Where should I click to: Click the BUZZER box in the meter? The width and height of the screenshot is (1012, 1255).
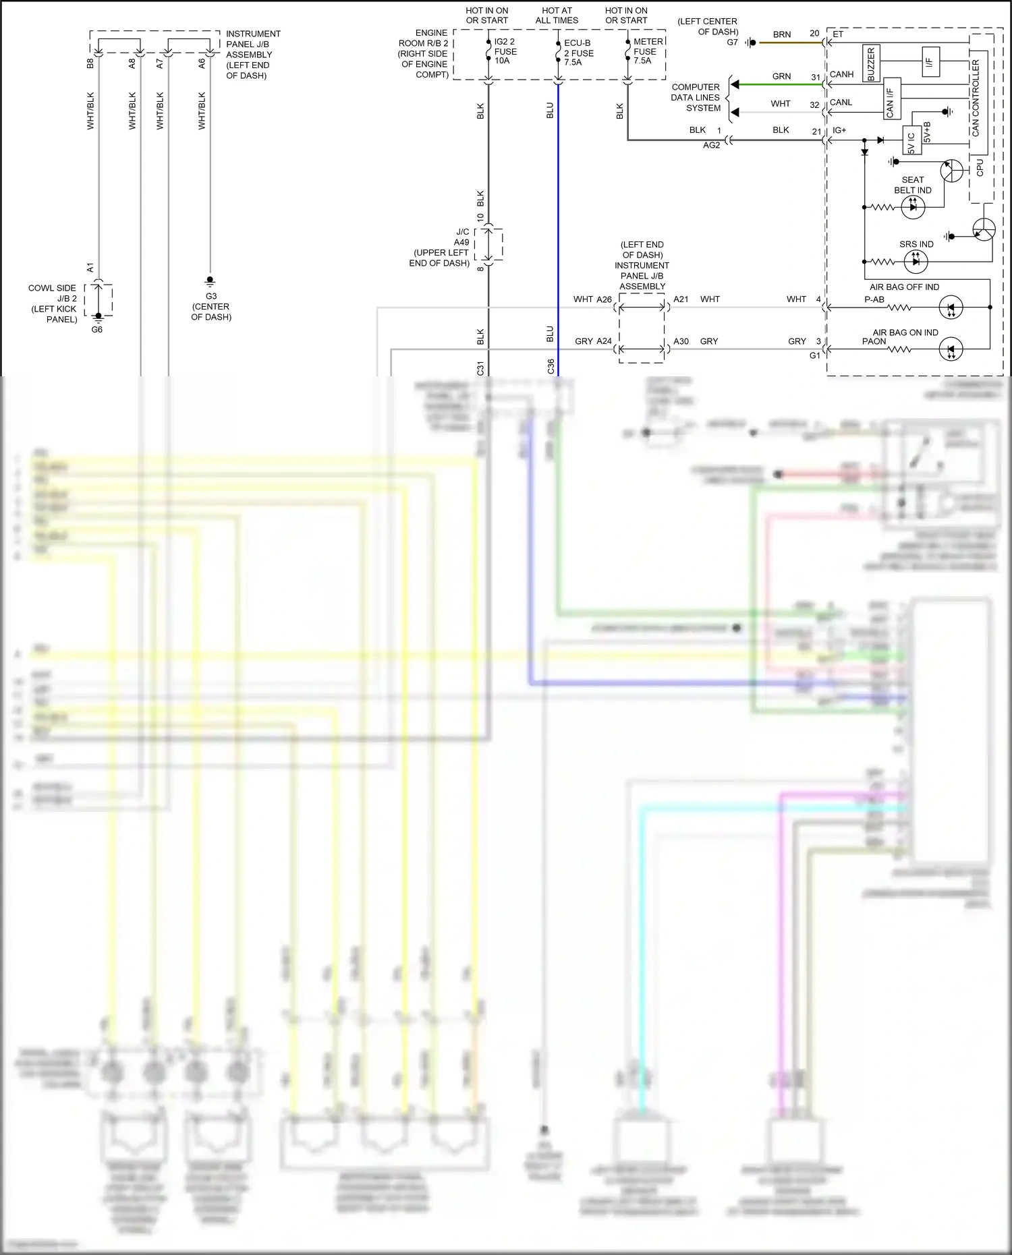(870, 64)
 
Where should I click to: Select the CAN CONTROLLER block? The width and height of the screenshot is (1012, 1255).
(975, 98)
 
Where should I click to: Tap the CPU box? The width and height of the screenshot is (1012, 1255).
(980, 167)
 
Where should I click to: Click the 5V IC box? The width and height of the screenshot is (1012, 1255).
(911, 142)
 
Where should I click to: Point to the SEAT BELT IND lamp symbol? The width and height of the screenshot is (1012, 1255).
(913, 208)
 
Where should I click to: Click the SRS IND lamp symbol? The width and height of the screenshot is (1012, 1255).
(916, 261)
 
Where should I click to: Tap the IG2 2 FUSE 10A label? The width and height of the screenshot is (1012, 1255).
(505, 51)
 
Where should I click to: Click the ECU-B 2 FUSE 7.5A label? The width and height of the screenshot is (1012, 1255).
(578, 53)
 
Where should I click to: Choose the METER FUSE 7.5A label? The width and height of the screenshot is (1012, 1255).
(647, 51)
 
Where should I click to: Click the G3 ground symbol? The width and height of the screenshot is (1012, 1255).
(210, 281)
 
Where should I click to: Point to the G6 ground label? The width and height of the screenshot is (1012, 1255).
(97, 330)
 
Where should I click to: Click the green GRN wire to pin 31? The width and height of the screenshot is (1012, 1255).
(776, 84)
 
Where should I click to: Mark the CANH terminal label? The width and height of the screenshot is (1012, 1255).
(841, 74)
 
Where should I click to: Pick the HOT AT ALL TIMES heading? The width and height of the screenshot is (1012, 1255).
(557, 16)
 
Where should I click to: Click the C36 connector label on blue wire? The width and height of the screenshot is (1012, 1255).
(551, 366)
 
